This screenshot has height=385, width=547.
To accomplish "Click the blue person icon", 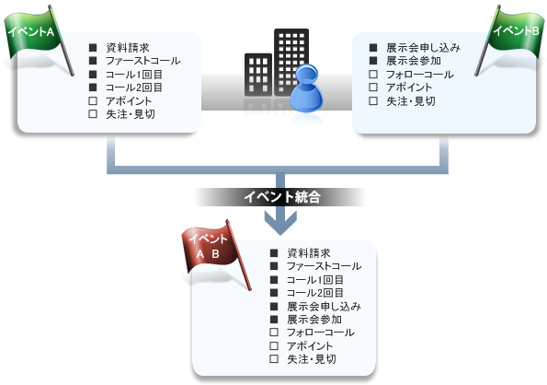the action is (306, 88).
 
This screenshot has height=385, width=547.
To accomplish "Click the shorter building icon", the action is (258, 75).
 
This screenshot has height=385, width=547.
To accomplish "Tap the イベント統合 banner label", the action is (281, 197).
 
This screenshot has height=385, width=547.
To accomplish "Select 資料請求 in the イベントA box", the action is (128, 48).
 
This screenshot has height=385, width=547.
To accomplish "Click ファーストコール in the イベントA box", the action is (143, 61).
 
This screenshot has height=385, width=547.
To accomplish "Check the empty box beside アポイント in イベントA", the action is (93, 101).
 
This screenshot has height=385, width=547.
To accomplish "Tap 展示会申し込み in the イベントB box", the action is (423, 48).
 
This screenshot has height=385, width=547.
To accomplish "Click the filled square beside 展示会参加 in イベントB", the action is (373, 61).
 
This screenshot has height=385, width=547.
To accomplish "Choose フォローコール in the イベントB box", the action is (420, 75).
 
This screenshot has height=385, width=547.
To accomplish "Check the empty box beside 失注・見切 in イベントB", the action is (373, 101).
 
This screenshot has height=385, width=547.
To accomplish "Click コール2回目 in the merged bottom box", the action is (315, 293).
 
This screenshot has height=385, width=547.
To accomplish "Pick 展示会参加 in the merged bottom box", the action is (314, 320).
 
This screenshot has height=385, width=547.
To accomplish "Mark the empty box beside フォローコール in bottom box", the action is (274, 332).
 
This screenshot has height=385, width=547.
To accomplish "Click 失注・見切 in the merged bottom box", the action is (312, 359).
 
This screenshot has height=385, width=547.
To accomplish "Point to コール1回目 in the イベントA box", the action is (134, 75).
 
